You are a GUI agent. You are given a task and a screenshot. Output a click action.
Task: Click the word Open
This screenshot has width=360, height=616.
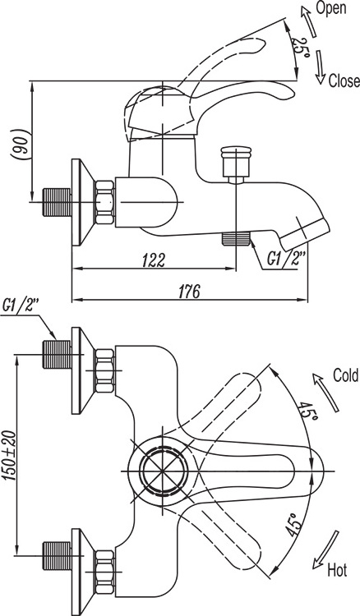click(x=331, y=8)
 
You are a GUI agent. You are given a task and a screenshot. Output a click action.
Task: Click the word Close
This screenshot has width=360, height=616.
click(x=344, y=80)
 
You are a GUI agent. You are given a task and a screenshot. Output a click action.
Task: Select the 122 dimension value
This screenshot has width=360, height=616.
click(x=154, y=260)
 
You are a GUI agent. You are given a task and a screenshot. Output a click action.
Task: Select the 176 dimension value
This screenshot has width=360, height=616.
click(x=189, y=292)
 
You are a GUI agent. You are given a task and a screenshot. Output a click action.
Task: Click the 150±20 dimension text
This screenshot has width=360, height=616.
click(x=9, y=455)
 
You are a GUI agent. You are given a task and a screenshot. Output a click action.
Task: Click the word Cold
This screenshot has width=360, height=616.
click(x=346, y=375)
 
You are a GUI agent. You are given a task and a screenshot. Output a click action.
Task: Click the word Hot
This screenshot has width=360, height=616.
click(x=337, y=570)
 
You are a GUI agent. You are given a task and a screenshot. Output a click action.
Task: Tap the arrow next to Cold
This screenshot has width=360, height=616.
click(x=325, y=392)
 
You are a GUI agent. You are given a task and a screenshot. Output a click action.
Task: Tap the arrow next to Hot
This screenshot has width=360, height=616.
click(x=325, y=549)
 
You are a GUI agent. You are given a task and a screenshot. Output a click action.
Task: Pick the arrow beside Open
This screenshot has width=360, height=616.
click(x=309, y=22)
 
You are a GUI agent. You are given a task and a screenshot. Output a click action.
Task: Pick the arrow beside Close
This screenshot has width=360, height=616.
click(x=321, y=67)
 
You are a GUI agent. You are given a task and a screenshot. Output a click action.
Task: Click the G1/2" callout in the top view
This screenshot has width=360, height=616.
click(x=20, y=306)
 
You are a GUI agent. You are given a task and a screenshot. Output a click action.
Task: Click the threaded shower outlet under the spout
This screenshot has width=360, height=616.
click(x=236, y=238)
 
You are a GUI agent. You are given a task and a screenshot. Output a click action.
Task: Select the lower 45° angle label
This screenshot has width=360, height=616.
click(x=295, y=524)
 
